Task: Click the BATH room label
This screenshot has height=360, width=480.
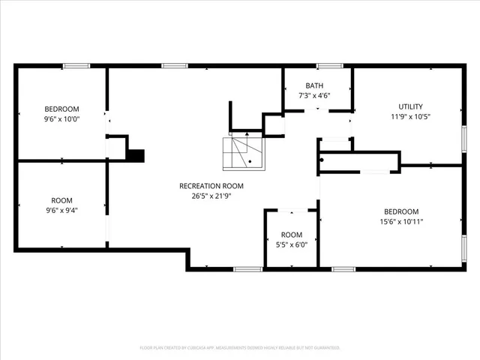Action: [315, 85]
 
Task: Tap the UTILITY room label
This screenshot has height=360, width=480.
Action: [410, 106]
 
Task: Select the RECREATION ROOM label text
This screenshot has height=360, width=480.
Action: [211, 186]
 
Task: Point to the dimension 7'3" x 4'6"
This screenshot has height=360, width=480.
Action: [315, 95]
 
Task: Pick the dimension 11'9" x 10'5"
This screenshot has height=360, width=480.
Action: [410, 116]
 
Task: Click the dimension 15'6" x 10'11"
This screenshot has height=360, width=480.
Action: [401, 221]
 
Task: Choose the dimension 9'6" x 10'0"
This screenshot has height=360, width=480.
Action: [61, 118]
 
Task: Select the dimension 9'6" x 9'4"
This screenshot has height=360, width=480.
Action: [61, 210]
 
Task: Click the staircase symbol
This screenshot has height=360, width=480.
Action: [243, 153]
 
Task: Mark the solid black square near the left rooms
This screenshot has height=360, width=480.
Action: [136, 155]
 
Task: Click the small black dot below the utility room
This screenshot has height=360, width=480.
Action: [322, 159]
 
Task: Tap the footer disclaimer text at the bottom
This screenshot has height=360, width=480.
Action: [240, 348]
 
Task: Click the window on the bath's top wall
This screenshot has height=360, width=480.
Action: [329, 66]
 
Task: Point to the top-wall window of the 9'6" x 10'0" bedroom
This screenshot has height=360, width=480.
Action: [76, 66]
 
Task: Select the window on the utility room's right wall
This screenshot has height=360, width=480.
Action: [463, 139]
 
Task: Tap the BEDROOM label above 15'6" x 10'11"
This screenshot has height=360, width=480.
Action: [401, 211]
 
